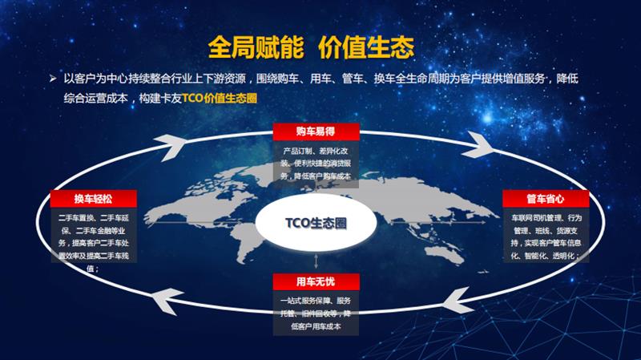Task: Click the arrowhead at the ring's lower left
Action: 165,301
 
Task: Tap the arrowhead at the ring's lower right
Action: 462,301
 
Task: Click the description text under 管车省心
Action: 546,237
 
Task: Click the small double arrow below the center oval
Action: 318,260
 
